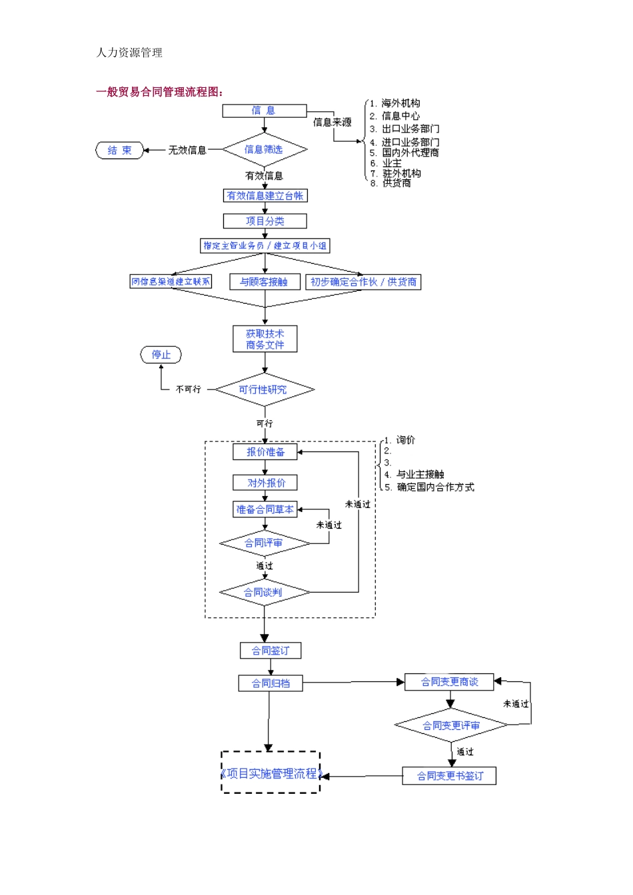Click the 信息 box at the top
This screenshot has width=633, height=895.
[265, 111]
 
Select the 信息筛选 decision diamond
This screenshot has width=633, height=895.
[265, 150]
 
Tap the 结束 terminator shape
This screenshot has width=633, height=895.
[120, 150]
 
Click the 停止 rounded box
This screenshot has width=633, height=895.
[161, 355]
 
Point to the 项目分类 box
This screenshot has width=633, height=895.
[265, 221]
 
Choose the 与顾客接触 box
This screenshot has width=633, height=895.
[265, 282]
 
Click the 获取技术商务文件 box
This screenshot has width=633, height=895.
[265, 339]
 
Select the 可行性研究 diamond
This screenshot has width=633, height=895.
[265, 390]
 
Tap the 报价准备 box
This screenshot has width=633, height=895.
[265, 451]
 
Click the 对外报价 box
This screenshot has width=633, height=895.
[265, 483]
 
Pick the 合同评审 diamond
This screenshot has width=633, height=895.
[265, 543]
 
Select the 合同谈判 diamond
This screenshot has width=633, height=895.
[265, 592]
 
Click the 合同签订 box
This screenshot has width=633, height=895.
[270, 651]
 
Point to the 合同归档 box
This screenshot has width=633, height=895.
[270, 683]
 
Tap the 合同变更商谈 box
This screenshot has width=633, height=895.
[450, 682]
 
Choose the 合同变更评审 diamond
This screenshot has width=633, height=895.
[451, 726]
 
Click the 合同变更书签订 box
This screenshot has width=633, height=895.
[449, 776]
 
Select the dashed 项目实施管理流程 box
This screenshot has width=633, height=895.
[271, 772]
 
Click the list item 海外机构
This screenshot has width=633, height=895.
[400, 103]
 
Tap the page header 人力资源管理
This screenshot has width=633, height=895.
[129, 53]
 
